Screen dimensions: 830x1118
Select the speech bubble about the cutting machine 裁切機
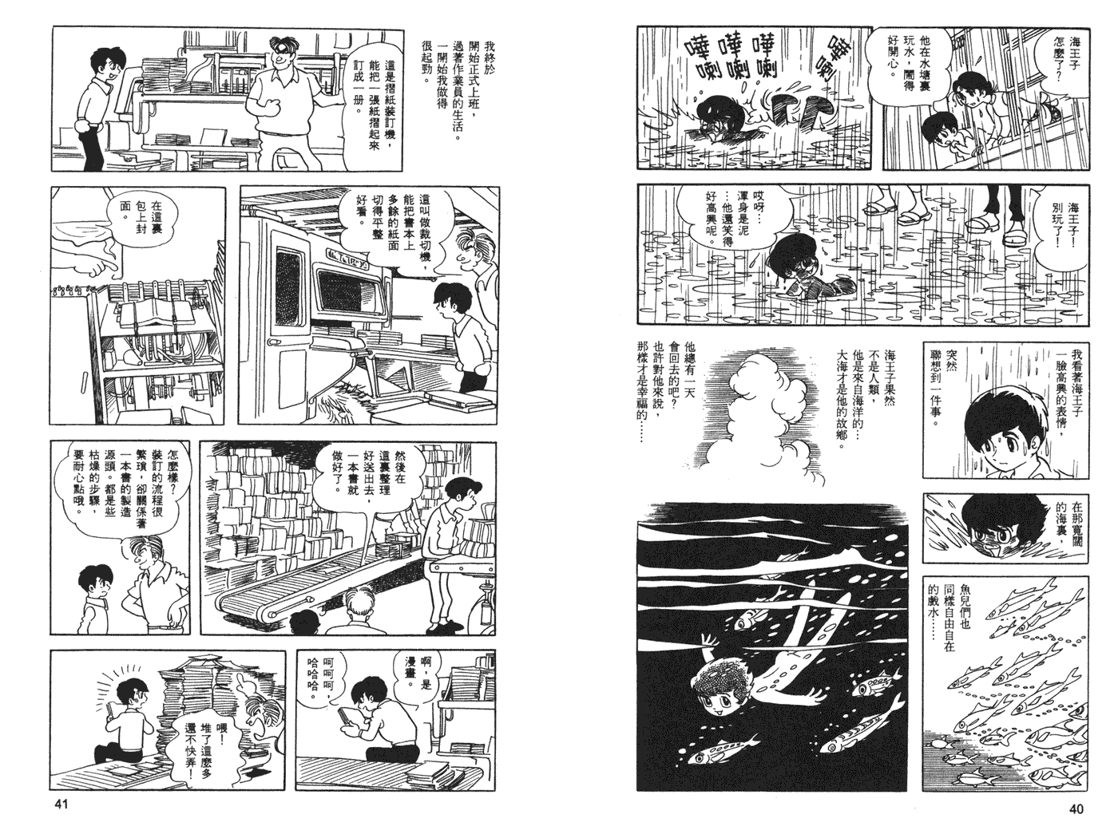pyautogui.click(x=391, y=223)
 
